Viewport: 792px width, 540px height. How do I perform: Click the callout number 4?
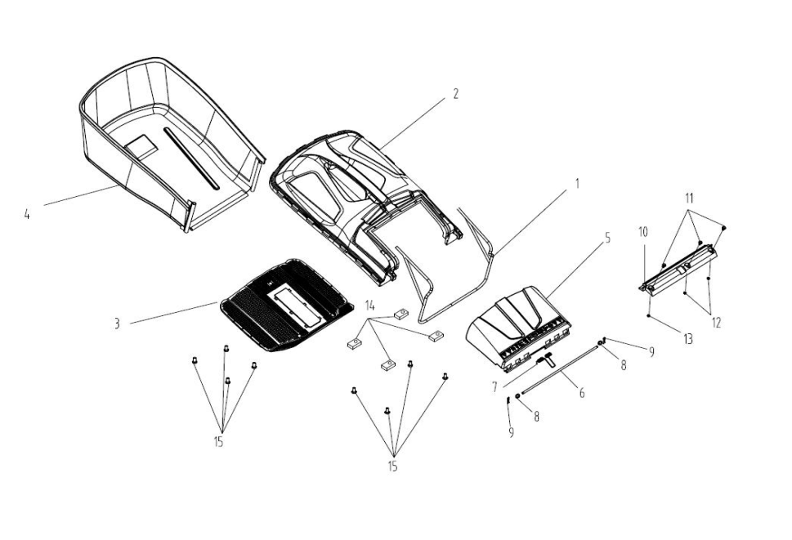(x=27, y=216)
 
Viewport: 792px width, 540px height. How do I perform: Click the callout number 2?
(x=455, y=94)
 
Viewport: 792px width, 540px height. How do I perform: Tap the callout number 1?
(x=576, y=184)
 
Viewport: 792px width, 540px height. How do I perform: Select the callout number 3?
(x=117, y=324)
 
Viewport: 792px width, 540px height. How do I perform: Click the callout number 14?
(x=370, y=305)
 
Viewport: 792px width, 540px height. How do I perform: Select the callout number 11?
(x=689, y=198)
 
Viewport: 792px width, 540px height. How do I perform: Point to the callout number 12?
(x=716, y=322)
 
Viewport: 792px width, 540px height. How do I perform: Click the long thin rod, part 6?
(x=564, y=368)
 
